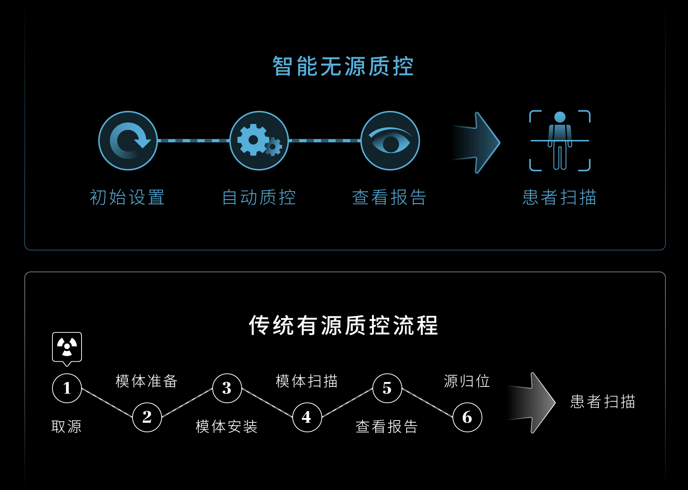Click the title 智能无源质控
(x=343, y=67)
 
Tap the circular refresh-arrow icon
(x=128, y=141)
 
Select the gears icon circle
(x=259, y=141)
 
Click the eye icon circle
(x=390, y=141)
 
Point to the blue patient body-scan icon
(x=560, y=141)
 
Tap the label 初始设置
(x=127, y=197)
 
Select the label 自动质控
(x=259, y=197)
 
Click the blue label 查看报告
(x=389, y=197)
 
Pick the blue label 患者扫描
(x=560, y=197)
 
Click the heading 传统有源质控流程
(x=343, y=325)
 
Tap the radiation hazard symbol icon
(x=67, y=347)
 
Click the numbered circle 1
(x=67, y=388)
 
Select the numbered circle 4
(x=307, y=417)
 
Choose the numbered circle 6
(x=467, y=417)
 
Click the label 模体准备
(x=147, y=381)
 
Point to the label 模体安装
(x=226, y=426)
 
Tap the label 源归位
(x=467, y=381)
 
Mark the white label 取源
(x=67, y=426)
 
